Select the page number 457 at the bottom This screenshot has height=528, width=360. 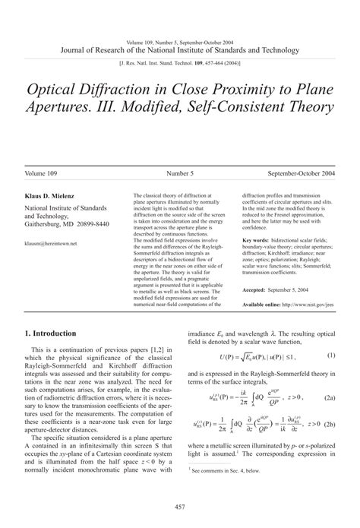[x=180, y=507]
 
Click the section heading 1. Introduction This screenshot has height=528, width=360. [x=51, y=333]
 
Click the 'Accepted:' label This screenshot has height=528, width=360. [x=258, y=289]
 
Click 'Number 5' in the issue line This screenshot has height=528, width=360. [x=179, y=172]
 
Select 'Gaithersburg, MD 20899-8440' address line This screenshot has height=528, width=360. [x=67, y=225]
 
